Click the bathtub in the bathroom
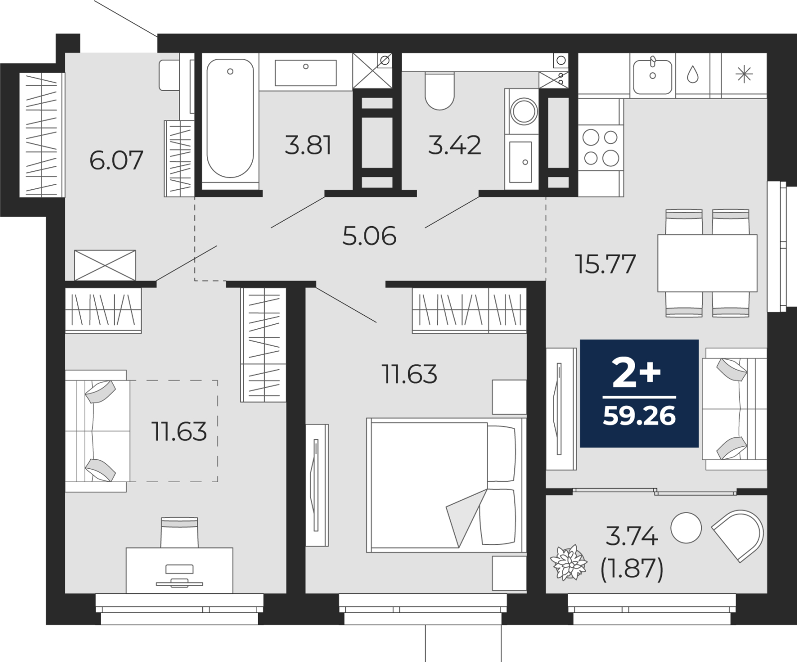230,118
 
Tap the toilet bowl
439,91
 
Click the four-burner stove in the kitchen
601,147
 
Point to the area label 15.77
606,264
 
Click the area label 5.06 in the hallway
369,236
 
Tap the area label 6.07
116,160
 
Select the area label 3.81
308,145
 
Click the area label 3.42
455,145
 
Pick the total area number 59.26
639,415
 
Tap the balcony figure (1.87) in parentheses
632,568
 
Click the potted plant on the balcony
569,562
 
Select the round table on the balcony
686,528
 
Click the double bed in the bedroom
446,485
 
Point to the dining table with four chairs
707,263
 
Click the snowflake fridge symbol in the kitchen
744,75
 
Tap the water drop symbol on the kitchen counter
693,75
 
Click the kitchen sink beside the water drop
652,75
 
